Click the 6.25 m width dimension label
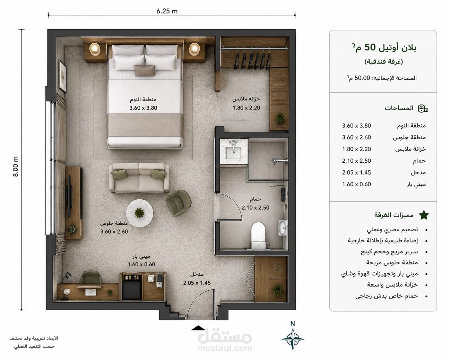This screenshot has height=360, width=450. coord(167,11)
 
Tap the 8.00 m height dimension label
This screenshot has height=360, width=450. coord(16,167)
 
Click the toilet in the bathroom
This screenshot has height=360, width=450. coord(258,236)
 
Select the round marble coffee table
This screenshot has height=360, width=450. coord(140,213)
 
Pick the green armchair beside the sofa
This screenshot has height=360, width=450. coord(178,203)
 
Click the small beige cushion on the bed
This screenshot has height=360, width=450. coord(145,70)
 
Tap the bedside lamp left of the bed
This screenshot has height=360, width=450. coord(95,49)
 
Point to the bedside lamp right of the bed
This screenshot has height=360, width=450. coord(195,49)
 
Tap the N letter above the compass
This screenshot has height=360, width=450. coord(292,324)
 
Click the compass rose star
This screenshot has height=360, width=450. coord(293,339)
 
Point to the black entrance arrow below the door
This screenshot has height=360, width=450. coord(198,328)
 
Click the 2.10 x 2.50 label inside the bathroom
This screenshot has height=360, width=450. coord(255,208)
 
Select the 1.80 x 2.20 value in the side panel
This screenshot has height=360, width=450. coord(356,149)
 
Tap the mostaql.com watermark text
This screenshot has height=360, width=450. coord(225,348)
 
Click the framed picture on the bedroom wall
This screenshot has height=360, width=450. coord(63,76)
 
